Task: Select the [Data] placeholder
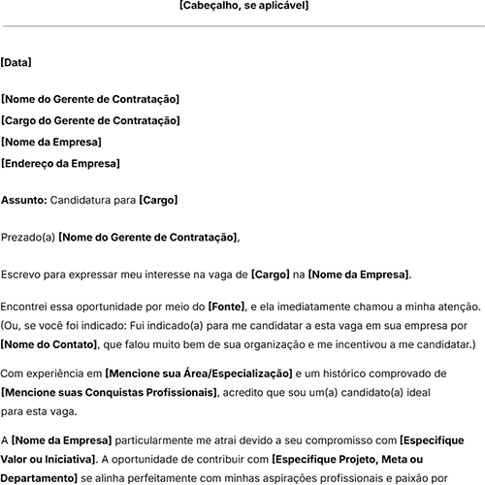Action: pos(16,62)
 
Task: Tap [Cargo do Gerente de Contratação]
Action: pos(90,120)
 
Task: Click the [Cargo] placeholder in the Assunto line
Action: pos(158,200)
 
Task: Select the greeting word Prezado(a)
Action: pos(28,237)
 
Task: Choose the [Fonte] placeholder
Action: pos(227,307)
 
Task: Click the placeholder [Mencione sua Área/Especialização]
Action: pos(199,373)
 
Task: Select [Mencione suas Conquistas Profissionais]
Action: pos(110,392)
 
